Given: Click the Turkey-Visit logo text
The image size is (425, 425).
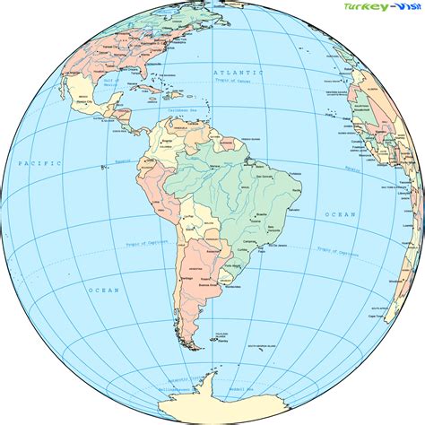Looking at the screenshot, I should coord(376,10).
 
